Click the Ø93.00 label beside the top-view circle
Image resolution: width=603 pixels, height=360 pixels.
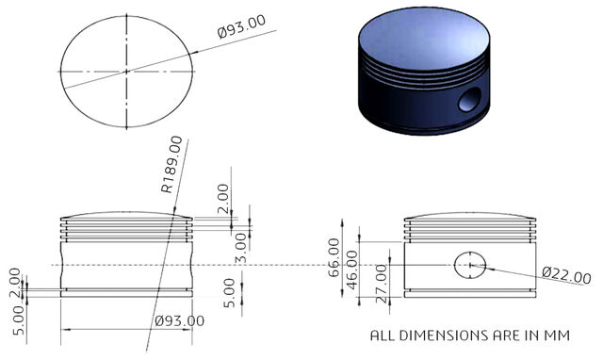241,26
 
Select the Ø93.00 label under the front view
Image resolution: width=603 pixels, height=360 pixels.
179,320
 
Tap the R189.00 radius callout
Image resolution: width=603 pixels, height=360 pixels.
171,165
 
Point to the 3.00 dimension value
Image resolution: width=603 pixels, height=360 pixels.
241,248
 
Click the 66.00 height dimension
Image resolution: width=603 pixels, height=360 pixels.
334,257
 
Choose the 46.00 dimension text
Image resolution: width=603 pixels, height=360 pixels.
351,270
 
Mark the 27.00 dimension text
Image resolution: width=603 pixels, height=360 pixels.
381,284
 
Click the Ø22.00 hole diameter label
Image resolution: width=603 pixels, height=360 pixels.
566,276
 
